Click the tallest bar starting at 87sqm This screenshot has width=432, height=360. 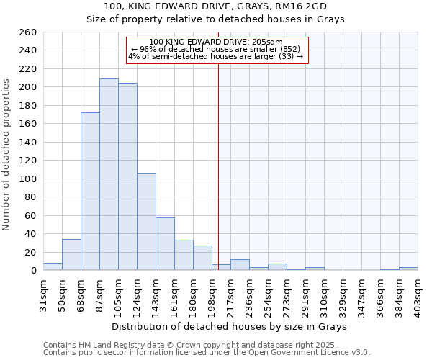[x=109, y=174]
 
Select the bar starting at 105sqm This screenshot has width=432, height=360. [x=127, y=176]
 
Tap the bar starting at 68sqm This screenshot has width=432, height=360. [x=90, y=191]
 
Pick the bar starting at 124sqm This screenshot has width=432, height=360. [x=146, y=222]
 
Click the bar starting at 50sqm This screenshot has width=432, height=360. [x=71, y=255]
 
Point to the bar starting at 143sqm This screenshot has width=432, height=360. [x=165, y=244]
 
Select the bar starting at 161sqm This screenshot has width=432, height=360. [x=184, y=255]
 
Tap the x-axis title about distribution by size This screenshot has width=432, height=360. [x=231, y=326]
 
